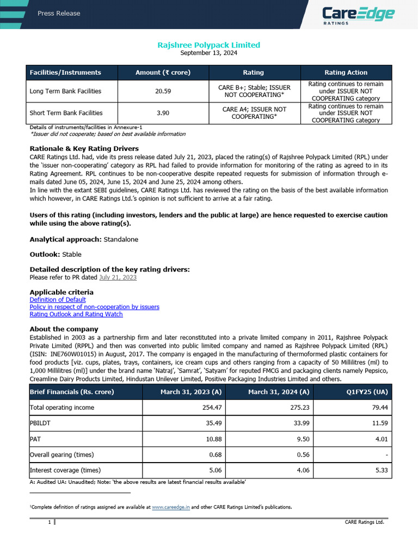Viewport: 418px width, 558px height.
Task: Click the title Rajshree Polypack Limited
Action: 208,45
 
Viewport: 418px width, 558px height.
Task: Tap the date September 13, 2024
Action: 208,53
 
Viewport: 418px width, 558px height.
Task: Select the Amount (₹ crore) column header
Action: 163,72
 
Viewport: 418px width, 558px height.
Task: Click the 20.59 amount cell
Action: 163,91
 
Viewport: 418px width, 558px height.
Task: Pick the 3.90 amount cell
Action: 163,113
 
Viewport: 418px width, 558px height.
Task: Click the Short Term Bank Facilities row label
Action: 66,113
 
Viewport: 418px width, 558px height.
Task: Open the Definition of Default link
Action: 58,300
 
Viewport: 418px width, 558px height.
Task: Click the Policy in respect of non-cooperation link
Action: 94,307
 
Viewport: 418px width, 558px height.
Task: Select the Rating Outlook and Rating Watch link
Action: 76,314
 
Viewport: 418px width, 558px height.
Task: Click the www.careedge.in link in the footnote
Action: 171,507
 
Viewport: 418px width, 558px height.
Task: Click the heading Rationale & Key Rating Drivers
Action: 84,149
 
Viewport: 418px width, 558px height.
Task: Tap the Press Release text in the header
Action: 59,13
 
